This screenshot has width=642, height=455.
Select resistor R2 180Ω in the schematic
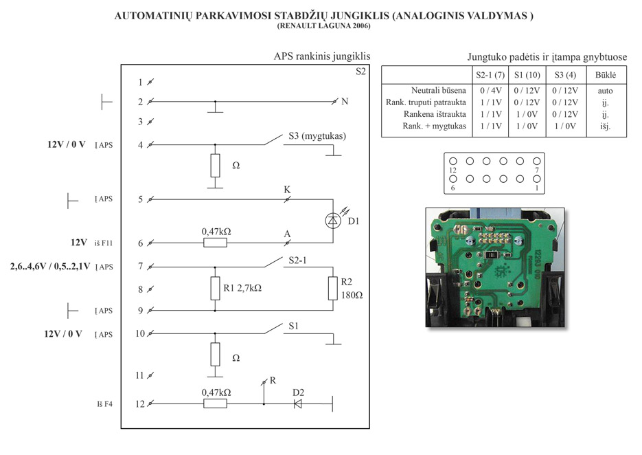tap(332, 289)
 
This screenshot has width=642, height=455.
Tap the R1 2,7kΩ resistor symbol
tap(215, 289)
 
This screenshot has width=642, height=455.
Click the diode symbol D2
tap(298, 404)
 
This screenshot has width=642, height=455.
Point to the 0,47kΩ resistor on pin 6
tap(216, 243)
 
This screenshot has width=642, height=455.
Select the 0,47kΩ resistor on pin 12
tap(216, 404)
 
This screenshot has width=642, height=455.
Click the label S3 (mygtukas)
tap(317, 136)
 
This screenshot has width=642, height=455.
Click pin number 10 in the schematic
tap(139, 334)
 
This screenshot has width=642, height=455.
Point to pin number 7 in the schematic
tap(140, 266)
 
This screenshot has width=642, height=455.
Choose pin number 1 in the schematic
tap(140, 82)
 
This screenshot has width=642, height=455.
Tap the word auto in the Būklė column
tap(606, 90)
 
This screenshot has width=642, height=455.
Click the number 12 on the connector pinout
tap(452, 169)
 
